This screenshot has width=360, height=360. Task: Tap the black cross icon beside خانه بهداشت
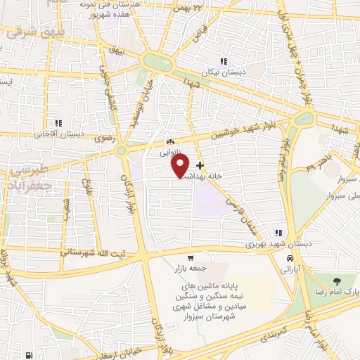click(200, 166)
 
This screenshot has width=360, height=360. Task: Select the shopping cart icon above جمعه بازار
click(191, 258)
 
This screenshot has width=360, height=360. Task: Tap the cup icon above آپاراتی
click(288, 257)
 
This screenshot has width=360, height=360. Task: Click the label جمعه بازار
click(187, 269)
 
